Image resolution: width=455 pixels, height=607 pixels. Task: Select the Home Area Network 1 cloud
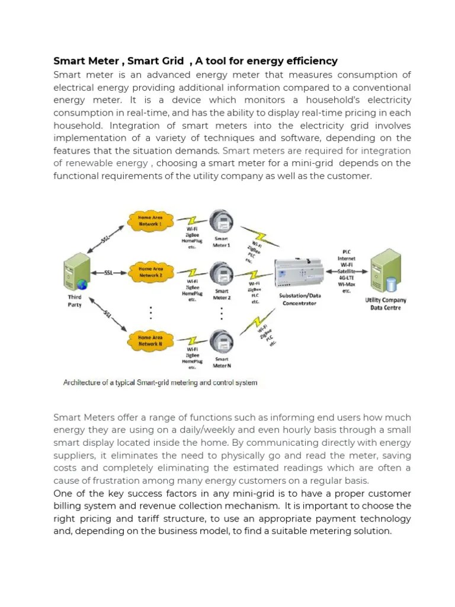point(150,221)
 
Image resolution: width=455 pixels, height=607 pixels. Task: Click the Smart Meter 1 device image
point(223,222)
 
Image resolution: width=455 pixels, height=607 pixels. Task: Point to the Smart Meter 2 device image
point(223,274)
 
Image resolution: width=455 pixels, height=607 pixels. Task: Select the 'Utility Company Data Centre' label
point(386,304)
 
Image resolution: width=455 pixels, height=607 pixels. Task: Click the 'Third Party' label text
point(75,301)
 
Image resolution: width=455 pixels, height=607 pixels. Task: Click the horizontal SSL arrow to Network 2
point(108,273)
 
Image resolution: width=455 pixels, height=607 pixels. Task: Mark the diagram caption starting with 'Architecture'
point(160,382)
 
